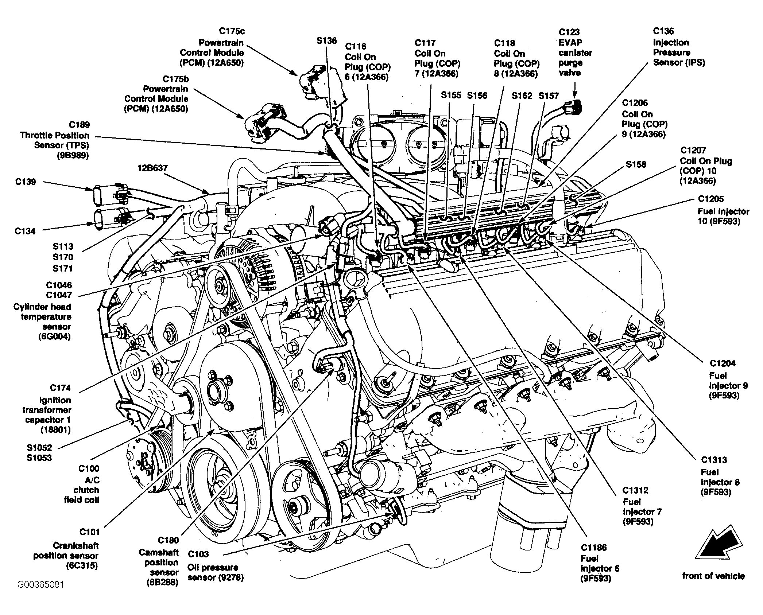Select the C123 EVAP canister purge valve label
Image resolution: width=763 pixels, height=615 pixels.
tap(575, 52)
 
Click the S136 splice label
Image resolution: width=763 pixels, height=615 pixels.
tap(326, 40)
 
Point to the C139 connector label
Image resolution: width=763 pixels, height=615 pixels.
tap(26, 182)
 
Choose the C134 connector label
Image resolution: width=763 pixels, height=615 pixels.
tap(25, 231)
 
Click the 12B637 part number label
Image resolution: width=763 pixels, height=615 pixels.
tap(152, 168)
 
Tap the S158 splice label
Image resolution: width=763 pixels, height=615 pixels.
tap(636, 164)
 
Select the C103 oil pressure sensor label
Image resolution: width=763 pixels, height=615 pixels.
tap(216, 566)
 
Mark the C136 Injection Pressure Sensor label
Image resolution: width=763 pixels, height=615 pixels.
tap(679, 47)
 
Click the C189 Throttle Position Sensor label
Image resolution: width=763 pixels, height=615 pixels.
tap(55, 140)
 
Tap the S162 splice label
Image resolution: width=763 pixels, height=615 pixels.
tap(522, 96)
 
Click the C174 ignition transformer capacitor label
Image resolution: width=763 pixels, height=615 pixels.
tap(47, 409)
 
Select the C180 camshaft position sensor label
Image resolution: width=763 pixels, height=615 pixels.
tap(159, 561)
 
